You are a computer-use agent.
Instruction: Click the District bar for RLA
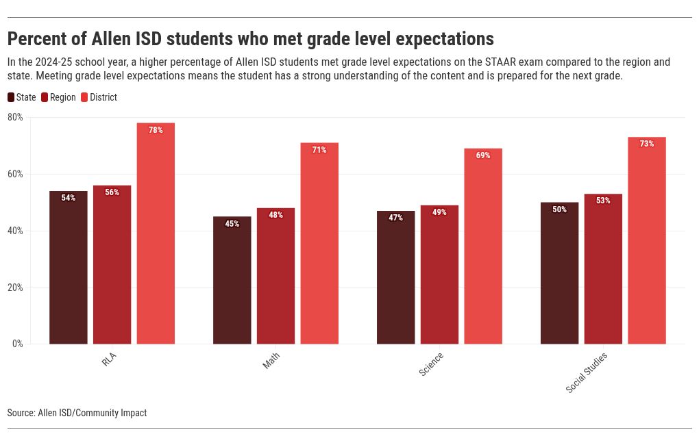click(x=156, y=233)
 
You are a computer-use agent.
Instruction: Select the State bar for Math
click(x=232, y=280)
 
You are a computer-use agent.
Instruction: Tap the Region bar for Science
click(x=439, y=275)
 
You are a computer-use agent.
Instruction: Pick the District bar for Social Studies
click(x=647, y=240)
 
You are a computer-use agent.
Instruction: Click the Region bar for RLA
click(x=112, y=264)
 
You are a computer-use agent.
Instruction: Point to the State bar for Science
click(x=395, y=277)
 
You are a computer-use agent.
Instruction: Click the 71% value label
click(x=319, y=150)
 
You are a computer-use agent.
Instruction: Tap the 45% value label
click(x=232, y=224)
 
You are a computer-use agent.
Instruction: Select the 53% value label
click(x=603, y=201)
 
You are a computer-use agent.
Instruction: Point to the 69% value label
click(x=483, y=155)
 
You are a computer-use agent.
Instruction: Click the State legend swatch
click(x=11, y=97)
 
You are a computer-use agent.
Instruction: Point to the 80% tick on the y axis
click(x=15, y=117)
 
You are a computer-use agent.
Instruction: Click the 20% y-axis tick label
click(x=15, y=288)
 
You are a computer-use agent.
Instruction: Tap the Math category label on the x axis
click(x=271, y=361)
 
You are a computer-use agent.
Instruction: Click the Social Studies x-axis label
click(x=587, y=373)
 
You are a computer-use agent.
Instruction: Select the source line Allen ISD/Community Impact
click(x=77, y=413)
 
